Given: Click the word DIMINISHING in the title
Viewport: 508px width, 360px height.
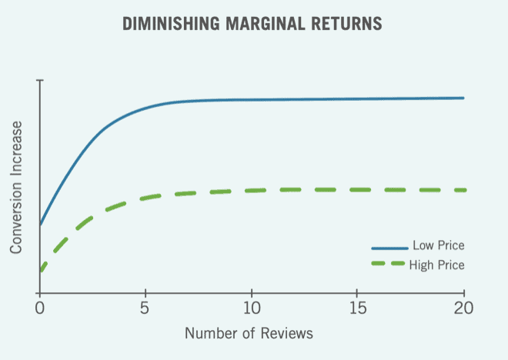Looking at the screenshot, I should [x=171, y=25].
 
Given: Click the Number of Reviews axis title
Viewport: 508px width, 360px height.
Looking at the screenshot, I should [x=249, y=335].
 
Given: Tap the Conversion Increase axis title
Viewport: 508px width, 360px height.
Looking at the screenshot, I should [x=16, y=187].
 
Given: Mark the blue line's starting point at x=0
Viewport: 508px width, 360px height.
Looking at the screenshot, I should [x=40, y=225].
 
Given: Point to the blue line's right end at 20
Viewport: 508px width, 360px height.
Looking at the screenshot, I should [x=463, y=98].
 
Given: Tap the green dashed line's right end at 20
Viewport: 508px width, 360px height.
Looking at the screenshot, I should [x=463, y=189].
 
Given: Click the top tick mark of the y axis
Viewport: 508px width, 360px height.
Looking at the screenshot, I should [x=40, y=80].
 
